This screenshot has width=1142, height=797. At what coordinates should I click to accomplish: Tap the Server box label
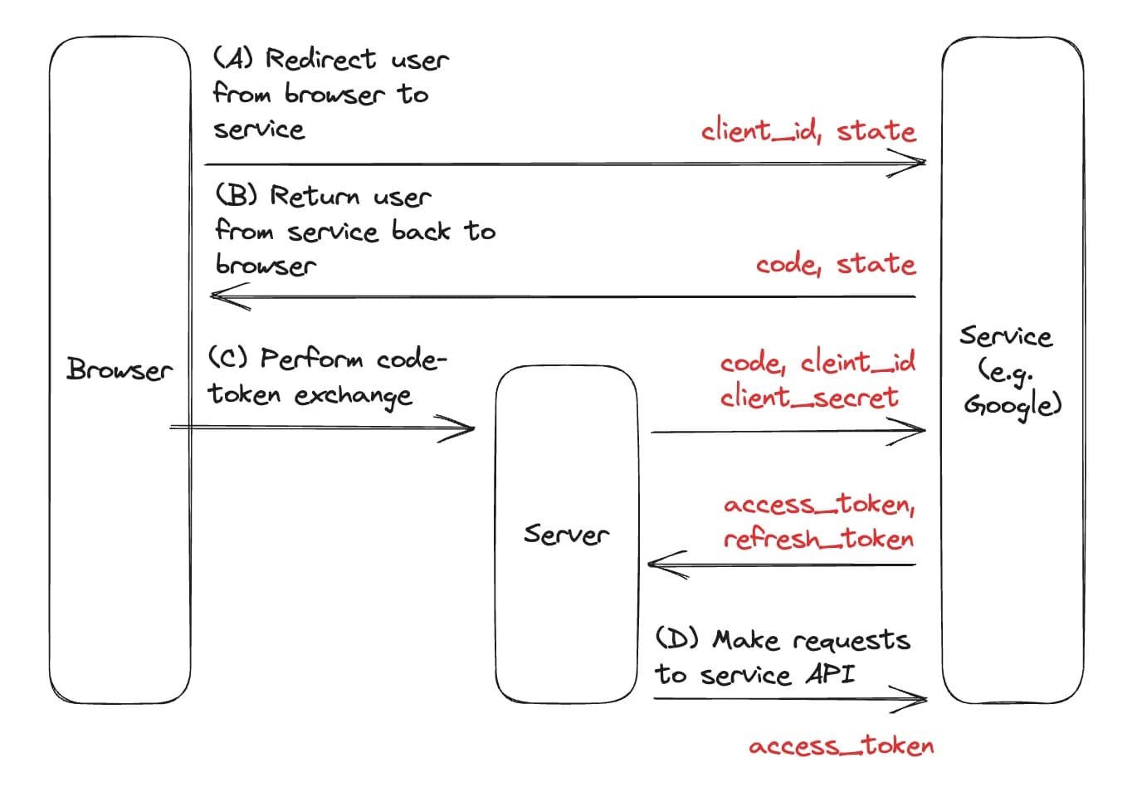tap(566, 534)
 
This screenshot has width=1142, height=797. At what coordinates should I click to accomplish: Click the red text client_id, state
tap(808, 130)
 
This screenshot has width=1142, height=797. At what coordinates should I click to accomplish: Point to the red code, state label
tap(836, 264)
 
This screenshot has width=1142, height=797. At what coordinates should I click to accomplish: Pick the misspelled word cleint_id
tap(858, 361)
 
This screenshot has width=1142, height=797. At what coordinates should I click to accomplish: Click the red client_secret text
tap(809, 397)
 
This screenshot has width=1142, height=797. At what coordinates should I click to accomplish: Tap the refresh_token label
tap(819, 539)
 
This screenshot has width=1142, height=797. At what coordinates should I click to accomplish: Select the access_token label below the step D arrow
tap(842, 746)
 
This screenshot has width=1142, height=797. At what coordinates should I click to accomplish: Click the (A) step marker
tap(233, 57)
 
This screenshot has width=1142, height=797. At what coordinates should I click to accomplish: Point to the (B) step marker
tap(236, 194)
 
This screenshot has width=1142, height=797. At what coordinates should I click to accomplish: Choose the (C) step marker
tap(228, 357)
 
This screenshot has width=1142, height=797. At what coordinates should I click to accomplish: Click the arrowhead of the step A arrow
tap(925, 163)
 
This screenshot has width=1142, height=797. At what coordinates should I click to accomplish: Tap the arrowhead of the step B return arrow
tap(212, 296)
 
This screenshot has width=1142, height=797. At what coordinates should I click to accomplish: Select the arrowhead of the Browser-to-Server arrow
tap(473, 428)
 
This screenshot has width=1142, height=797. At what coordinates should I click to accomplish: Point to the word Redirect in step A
tap(320, 58)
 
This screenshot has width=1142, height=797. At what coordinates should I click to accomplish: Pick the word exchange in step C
tap(353, 396)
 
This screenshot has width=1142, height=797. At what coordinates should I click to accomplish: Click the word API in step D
tap(830, 673)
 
